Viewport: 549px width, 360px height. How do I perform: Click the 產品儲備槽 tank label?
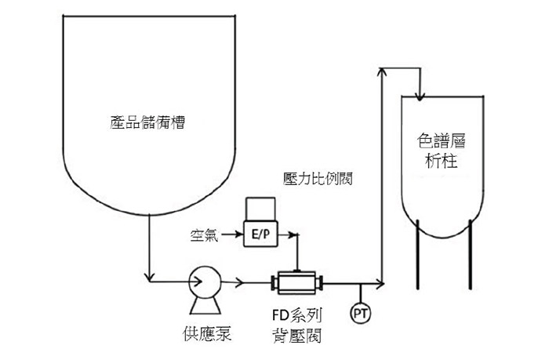(147, 122)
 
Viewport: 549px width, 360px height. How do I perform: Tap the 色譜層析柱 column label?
(441, 151)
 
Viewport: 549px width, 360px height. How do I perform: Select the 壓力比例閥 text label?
(318, 179)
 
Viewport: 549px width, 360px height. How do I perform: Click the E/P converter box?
(260, 234)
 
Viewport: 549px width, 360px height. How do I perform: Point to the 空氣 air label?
(204, 235)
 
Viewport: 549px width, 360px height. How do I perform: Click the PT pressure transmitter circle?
(361, 313)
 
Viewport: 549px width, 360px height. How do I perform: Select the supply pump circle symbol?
(205, 282)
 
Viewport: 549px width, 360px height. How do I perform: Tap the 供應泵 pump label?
(207, 333)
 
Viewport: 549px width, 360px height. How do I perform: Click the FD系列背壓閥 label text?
(297, 325)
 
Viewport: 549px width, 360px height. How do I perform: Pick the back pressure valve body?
(297, 282)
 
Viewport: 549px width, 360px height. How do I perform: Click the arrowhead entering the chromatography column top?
(420, 96)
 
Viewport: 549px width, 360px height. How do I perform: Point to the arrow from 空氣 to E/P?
(232, 234)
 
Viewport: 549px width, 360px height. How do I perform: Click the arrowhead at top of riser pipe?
(382, 71)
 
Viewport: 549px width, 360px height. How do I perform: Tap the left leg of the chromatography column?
(418, 255)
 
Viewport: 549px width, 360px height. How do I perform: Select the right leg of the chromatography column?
(471, 255)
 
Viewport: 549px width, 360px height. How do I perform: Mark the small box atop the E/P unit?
(260, 209)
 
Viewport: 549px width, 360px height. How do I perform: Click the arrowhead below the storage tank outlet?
(150, 278)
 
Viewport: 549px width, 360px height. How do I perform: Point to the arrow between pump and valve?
(232, 282)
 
